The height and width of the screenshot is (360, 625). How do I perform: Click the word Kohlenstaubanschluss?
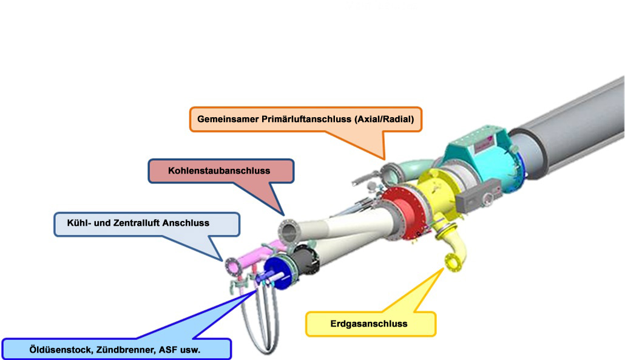click(x=219, y=171)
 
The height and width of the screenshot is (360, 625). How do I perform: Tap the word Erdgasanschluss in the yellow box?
click(x=369, y=324)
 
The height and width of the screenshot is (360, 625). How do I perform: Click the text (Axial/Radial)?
click(x=384, y=119)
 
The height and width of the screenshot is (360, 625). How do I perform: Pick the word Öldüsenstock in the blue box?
click(x=60, y=350)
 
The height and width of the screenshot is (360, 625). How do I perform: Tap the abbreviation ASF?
click(x=167, y=350)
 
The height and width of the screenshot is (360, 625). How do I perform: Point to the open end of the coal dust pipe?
click(x=288, y=231)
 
